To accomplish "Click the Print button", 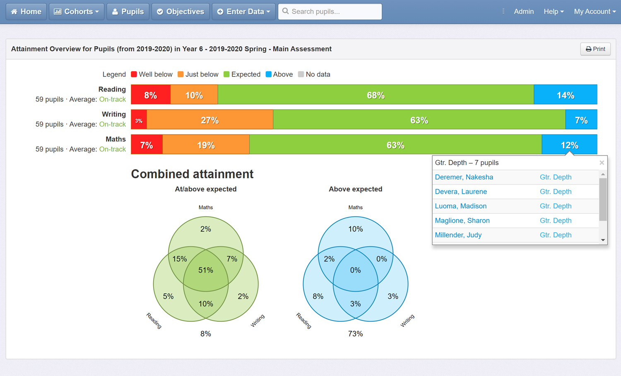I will [x=595, y=49].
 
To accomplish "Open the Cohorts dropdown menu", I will [x=77, y=12].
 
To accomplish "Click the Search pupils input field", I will [x=330, y=12].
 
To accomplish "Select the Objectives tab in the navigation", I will [x=181, y=12].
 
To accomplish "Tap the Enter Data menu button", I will [x=243, y=12].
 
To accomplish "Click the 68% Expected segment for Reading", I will [x=375, y=95].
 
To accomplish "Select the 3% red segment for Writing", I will [x=139, y=120].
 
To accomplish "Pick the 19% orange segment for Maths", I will [x=206, y=145].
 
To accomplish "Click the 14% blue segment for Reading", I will [x=565, y=95].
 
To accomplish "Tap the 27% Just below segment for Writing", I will [x=210, y=120].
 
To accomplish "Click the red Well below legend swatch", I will [x=134, y=74].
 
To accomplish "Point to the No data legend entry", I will [x=314, y=74].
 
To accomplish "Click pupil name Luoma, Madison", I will [x=460, y=206].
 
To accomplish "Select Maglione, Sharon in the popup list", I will [x=462, y=220].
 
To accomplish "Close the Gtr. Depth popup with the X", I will [x=602, y=163].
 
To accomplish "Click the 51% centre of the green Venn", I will [x=206, y=270].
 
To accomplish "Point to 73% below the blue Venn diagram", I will [x=355, y=334].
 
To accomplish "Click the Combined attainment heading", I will [x=192, y=174].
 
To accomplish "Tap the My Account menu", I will [x=595, y=12].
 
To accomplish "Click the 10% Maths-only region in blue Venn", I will [x=355, y=229].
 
